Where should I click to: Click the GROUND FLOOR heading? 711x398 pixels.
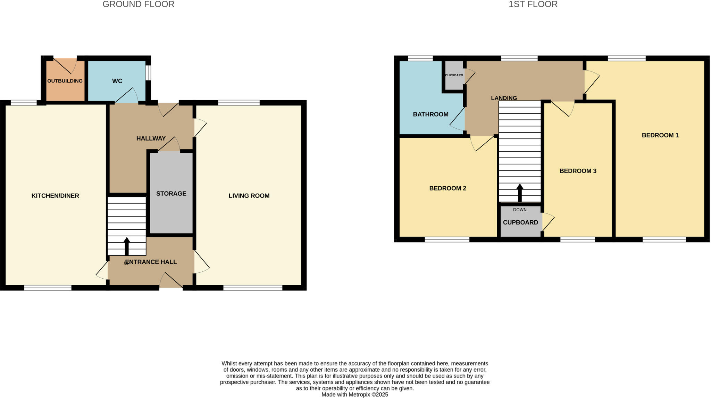point(138,5)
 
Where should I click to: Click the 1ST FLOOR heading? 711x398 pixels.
point(533,5)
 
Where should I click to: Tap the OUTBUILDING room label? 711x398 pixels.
point(65,81)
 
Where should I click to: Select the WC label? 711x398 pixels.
point(117,81)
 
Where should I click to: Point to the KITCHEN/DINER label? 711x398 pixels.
point(55,196)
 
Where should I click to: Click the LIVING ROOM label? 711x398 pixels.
point(249,196)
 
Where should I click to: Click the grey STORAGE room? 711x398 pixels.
point(171,208)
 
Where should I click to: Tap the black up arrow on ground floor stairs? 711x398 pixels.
point(127,246)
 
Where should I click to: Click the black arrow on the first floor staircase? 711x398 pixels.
point(520,193)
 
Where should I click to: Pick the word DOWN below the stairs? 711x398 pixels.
point(520,210)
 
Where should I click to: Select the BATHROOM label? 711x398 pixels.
point(430,114)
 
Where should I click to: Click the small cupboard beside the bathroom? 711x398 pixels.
point(454,75)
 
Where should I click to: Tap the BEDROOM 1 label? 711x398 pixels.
point(660,135)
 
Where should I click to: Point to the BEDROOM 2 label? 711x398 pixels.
point(447,188)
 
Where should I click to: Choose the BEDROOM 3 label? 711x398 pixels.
point(578,171)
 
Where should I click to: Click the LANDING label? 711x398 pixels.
point(504,98)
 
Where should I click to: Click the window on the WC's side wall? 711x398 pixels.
point(148,73)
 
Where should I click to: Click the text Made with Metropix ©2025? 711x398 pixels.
point(354,395)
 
